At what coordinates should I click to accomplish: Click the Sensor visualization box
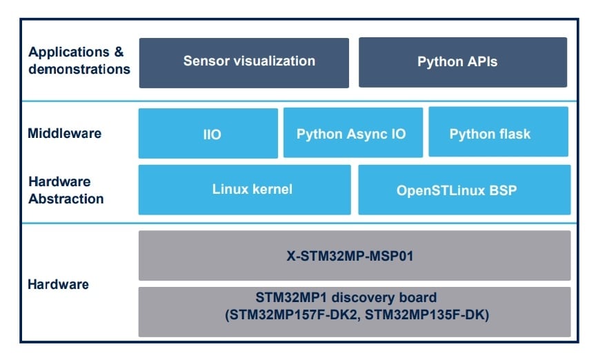[x=244, y=63]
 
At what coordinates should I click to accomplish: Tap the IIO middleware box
[x=208, y=133]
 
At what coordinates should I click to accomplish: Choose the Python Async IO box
[x=351, y=133]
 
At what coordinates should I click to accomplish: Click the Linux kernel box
[x=244, y=190]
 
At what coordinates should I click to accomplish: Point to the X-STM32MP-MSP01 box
[x=355, y=255]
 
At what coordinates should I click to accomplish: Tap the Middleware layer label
[x=65, y=133]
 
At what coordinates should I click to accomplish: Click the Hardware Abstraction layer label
[x=66, y=190]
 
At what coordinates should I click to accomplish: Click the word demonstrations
[x=79, y=69]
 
